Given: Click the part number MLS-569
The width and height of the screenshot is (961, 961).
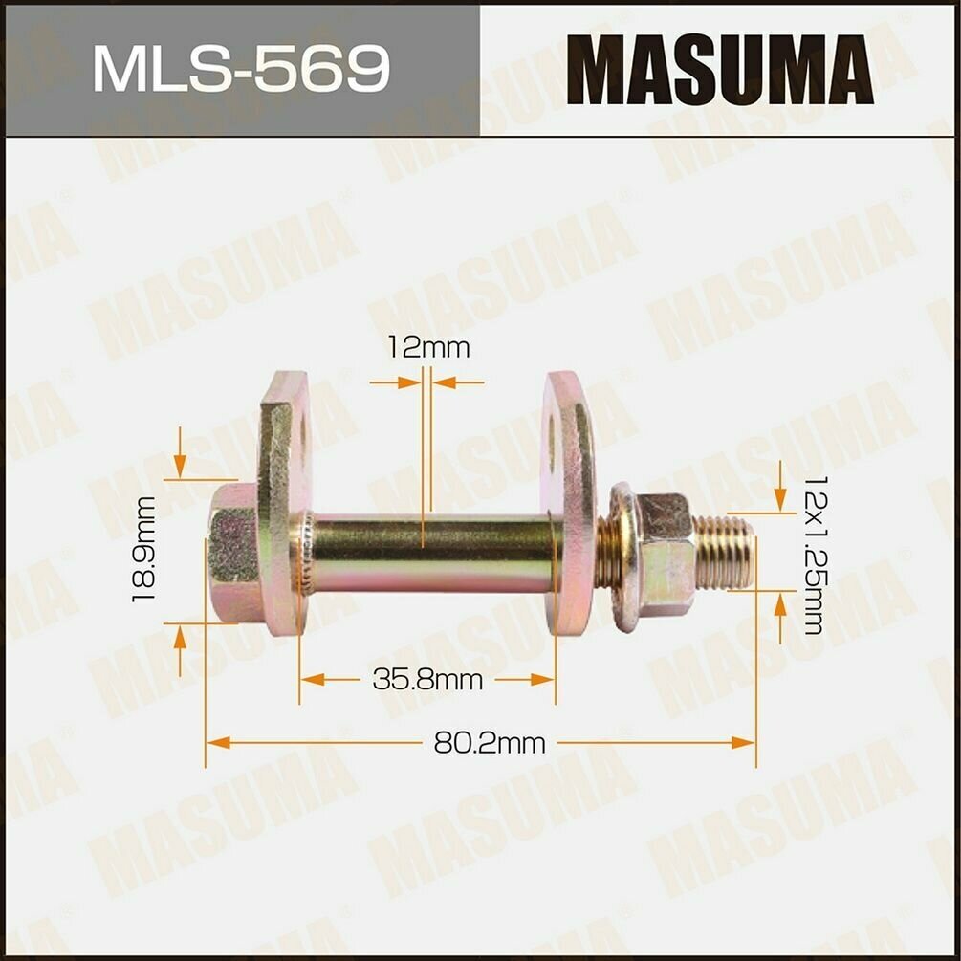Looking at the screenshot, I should point(241,69).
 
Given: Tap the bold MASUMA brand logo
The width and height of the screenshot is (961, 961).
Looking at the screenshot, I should point(719,70).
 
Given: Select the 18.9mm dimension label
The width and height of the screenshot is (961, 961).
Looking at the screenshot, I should point(145,549).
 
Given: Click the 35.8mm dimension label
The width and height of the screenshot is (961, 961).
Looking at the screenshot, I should point(426,680).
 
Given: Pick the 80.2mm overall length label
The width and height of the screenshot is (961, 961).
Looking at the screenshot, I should point(490,742).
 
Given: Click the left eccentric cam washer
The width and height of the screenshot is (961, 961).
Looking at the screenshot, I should point(284,502).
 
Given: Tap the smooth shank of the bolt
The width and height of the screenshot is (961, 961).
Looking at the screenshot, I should point(430,553).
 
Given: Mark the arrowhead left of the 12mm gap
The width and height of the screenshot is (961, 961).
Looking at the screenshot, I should point(412,382).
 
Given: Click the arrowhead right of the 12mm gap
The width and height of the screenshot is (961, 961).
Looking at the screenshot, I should point(442,382).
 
